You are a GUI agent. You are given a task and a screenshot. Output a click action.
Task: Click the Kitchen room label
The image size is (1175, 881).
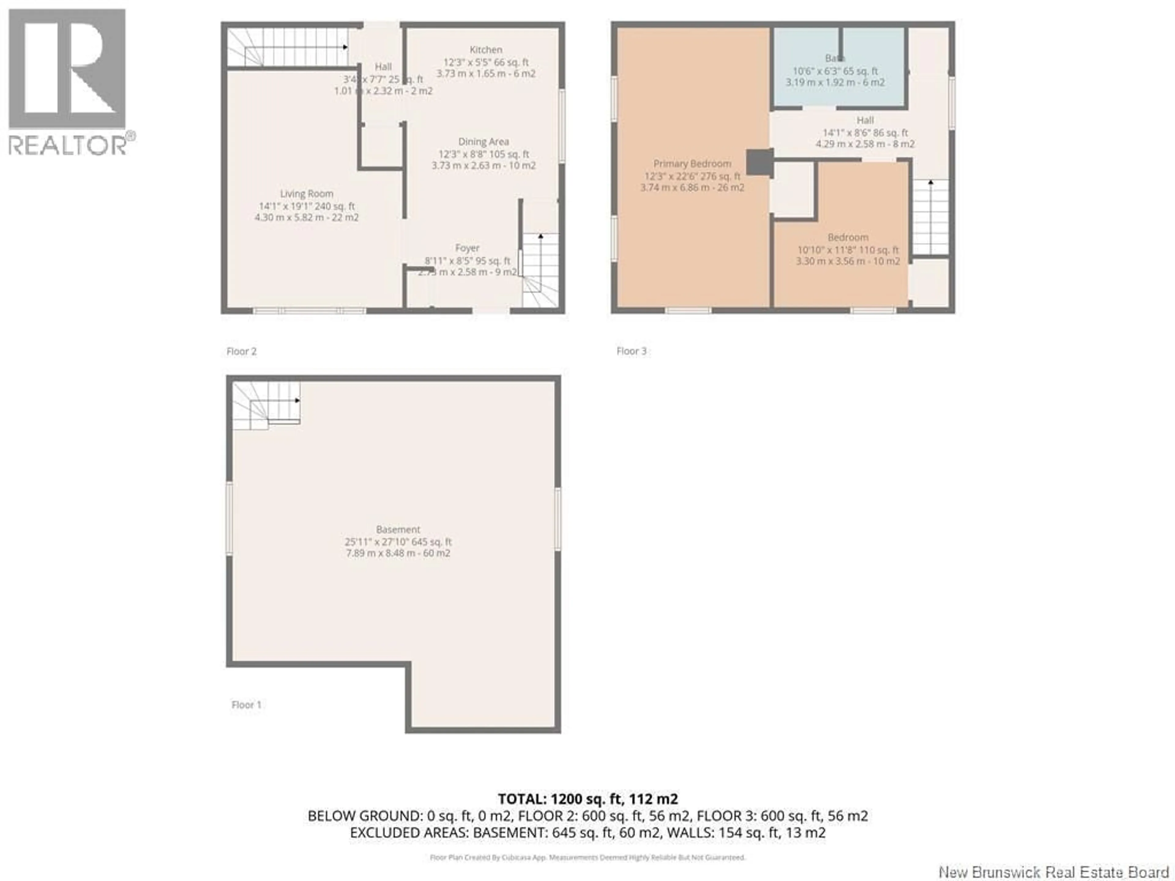click(486, 49)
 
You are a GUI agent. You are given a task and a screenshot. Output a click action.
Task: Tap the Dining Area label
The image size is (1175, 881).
click(483, 142)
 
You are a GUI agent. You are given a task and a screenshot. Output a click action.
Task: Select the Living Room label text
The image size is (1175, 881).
click(307, 194)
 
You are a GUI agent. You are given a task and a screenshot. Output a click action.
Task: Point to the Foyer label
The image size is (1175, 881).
click(467, 248)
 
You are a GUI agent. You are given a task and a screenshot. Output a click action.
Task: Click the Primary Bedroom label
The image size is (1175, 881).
click(692, 164)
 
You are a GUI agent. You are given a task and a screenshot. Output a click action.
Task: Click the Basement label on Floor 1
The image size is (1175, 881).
click(398, 530)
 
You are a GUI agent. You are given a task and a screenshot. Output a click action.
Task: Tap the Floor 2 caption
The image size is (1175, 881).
click(241, 351)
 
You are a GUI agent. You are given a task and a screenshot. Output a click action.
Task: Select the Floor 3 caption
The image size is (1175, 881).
click(631, 351)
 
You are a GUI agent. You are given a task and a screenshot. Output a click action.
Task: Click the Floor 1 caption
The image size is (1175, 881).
click(246, 705)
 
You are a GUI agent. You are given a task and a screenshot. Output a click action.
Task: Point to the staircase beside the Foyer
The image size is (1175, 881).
click(540, 270)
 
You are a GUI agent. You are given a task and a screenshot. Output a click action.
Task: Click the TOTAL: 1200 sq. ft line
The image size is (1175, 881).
click(587, 799)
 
